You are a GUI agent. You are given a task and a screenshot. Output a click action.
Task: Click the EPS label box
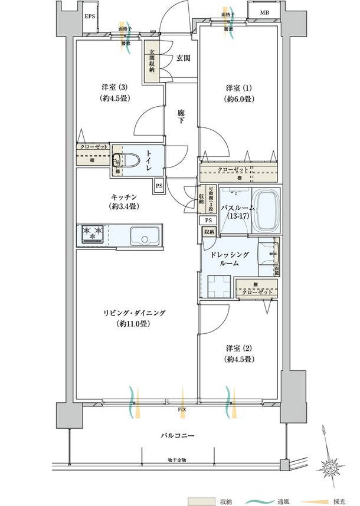pyautogui.click(x=90, y=17)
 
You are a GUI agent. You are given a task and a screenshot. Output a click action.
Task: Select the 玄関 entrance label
pyautogui.click(x=183, y=58)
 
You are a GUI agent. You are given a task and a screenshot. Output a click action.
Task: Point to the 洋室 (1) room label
pyautogui.click(x=238, y=93)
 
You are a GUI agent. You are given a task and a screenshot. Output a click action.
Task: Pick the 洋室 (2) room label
pyautogui.click(x=238, y=353)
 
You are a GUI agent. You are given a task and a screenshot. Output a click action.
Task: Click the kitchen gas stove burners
pyautogui.click(x=93, y=234)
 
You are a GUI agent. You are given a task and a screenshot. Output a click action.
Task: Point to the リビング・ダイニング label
pyautogui.click(x=135, y=318)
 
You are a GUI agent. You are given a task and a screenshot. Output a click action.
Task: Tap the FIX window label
pyautogui.click(x=182, y=408)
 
